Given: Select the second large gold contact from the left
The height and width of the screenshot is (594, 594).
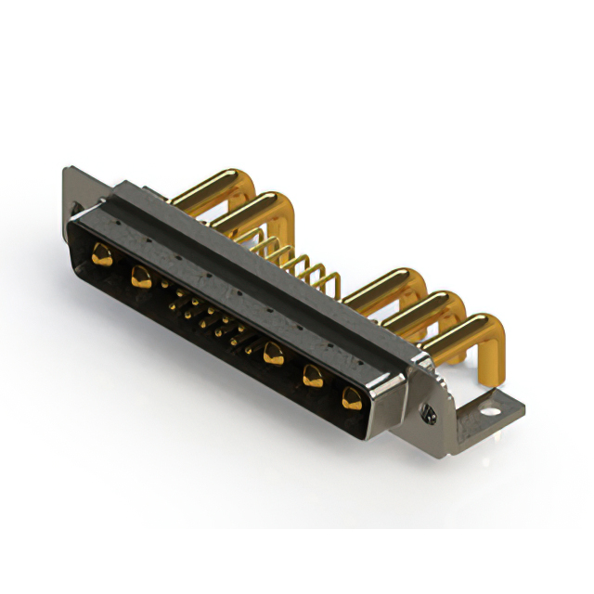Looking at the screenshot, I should point(142,275).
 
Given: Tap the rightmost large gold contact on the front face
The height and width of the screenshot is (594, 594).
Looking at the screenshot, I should point(351,399).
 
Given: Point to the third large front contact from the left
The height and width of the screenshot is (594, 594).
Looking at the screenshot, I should point(273,353).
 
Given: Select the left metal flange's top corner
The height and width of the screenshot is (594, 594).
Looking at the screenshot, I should point(67,170).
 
